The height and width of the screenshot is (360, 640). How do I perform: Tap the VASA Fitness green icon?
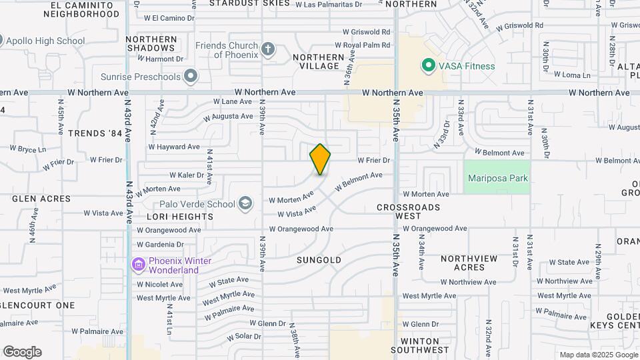427,65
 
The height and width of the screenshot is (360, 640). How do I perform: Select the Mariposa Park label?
497,178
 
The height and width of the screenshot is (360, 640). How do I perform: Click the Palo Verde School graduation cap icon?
245,204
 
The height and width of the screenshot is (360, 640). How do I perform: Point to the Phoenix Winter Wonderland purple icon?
139,265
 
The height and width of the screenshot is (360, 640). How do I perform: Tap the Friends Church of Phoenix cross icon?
268,49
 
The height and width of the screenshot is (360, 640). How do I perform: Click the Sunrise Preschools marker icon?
191,76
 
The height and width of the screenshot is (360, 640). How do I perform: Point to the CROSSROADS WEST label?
409,211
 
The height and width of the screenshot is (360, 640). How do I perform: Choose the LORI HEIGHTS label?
180,217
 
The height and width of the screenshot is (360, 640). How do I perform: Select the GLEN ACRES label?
41,199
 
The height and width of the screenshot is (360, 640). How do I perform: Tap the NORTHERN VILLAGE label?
319,61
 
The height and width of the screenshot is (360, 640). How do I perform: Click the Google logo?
22,352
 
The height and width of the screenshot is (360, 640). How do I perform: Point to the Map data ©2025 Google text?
597,355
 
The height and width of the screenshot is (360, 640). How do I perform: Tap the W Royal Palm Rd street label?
366,45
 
